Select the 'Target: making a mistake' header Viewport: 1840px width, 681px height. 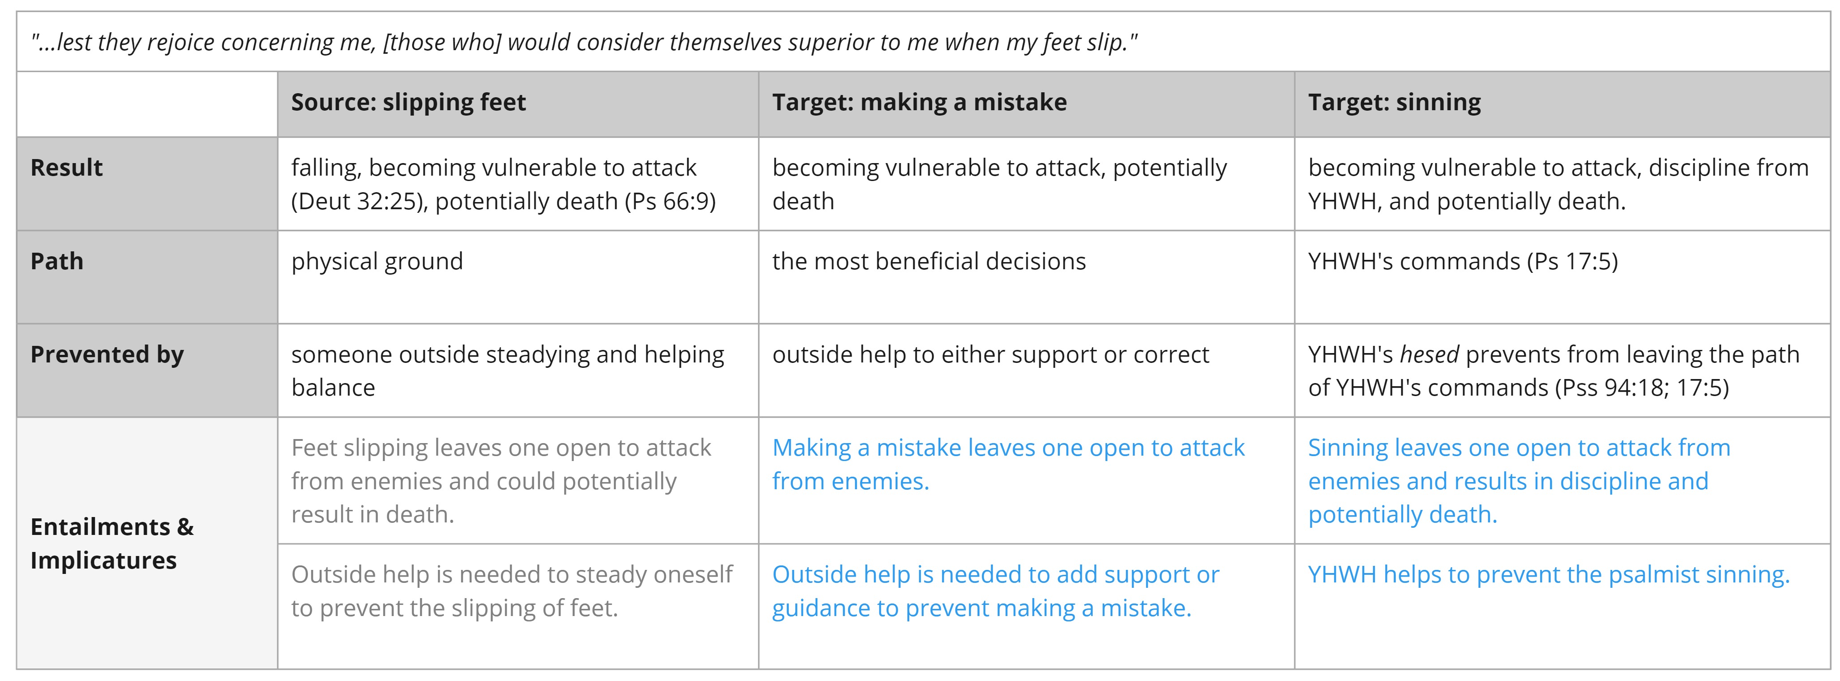[919, 102]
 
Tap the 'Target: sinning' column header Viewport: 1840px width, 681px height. [1394, 102]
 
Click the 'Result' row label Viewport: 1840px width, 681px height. [66, 167]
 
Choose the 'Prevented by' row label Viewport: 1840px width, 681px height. [107, 354]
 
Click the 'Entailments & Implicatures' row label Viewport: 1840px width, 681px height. [112, 543]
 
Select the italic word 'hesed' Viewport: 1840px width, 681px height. [1429, 354]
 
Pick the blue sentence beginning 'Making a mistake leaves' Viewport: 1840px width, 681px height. [1009, 465]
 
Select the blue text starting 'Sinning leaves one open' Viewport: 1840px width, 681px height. [1519, 481]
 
